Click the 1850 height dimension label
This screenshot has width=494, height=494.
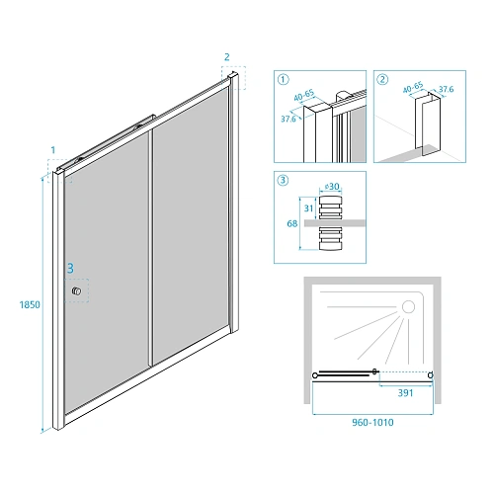tap(30, 304)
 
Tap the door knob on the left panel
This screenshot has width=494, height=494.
tap(76, 290)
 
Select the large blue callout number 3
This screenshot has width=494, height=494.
tap(70, 269)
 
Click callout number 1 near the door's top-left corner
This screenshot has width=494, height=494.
tap(53, 150)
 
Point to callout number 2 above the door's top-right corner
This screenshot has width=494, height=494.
tap(227, 57)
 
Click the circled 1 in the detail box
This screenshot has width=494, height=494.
tap(284, 79)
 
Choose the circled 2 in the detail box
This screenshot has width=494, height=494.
tap(382, 79)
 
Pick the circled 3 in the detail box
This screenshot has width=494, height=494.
tap(284, 180)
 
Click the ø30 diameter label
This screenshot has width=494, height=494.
tap(332, 187)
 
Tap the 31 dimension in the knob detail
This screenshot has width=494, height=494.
tap(308, 208)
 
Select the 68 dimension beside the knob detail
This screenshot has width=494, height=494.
tap(292, 223)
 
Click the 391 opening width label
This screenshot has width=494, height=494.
tap(405, 393)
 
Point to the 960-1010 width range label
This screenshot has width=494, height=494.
tap(372, 423)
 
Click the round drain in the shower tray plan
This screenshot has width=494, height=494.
tap(408, 307)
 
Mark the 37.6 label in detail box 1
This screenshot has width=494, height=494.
tap(288, 119)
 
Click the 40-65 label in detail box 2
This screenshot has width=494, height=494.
tap(413, 88)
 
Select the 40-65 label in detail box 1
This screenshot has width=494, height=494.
tap(304, 96)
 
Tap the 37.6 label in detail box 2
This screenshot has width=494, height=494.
tap(447, 89)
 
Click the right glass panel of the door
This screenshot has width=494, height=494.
tap(191, 225)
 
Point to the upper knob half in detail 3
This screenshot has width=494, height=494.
tap(331, 207)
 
